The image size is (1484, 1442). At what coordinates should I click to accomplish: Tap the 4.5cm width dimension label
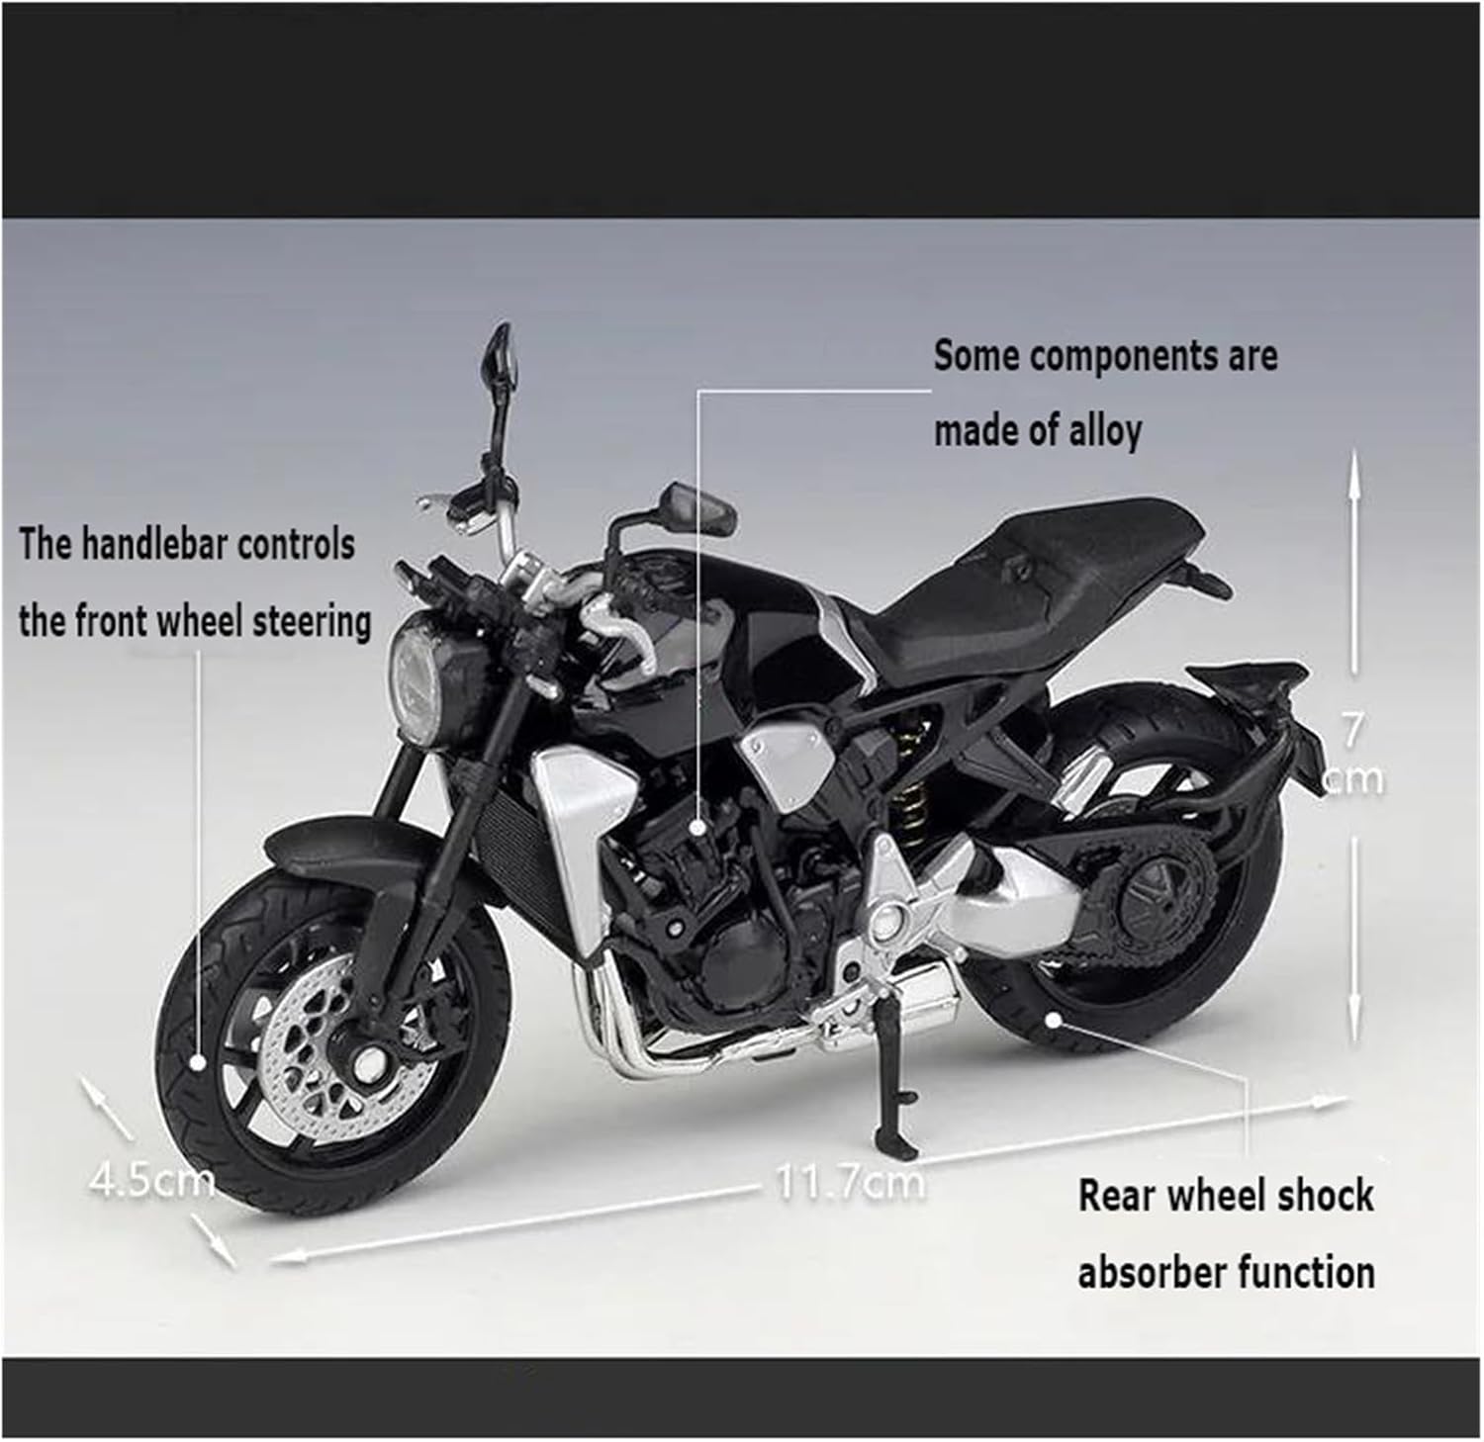[x=150, y=1179]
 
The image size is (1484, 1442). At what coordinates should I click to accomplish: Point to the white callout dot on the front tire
[x=198, y=1063]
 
